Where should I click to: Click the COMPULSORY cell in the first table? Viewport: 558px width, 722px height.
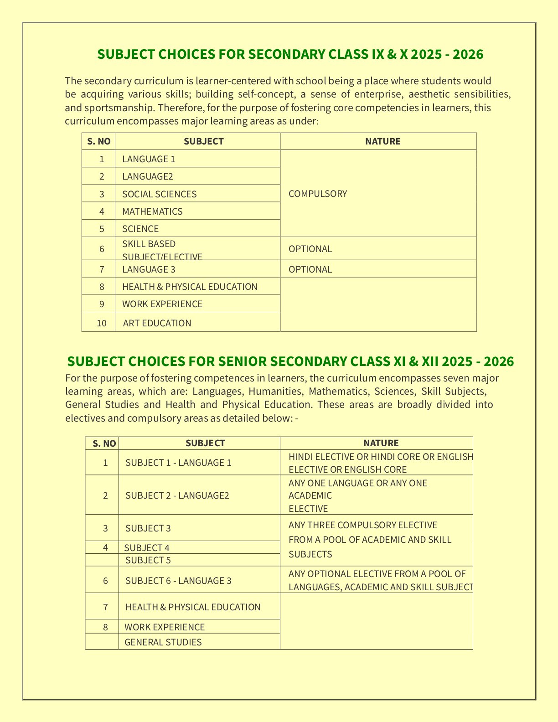(x=318, y=194)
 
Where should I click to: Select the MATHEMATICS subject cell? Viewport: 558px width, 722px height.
(x=152, y=211)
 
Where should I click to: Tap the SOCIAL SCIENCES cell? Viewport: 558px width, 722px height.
(x=159, y=194)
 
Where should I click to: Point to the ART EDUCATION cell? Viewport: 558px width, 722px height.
(x=157, y=323)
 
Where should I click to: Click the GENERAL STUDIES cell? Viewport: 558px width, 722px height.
(x=163, y=642)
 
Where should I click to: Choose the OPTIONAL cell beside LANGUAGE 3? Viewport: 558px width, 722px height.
(x=310, y=269)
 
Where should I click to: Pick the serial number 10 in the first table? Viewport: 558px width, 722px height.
(x=102, y=323)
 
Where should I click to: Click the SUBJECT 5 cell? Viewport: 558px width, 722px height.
(x=148, y=560)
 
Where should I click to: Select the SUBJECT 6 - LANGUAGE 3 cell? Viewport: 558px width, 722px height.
(x=178, y=581)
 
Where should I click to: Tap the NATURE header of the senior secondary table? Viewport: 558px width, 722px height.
(x=381, y=443)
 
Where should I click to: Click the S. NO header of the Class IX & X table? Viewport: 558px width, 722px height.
(x=98, y=141)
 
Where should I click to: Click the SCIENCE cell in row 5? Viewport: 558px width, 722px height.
(x=140, y=229)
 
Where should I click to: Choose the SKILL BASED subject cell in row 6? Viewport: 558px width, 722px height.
(x=149, y=244)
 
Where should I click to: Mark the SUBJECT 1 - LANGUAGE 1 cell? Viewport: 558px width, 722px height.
(x=178, y=463)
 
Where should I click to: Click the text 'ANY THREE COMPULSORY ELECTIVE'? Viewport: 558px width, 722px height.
(x=362, y=525)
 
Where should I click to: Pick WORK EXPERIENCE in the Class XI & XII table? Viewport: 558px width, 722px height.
(x=165, y=627)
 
